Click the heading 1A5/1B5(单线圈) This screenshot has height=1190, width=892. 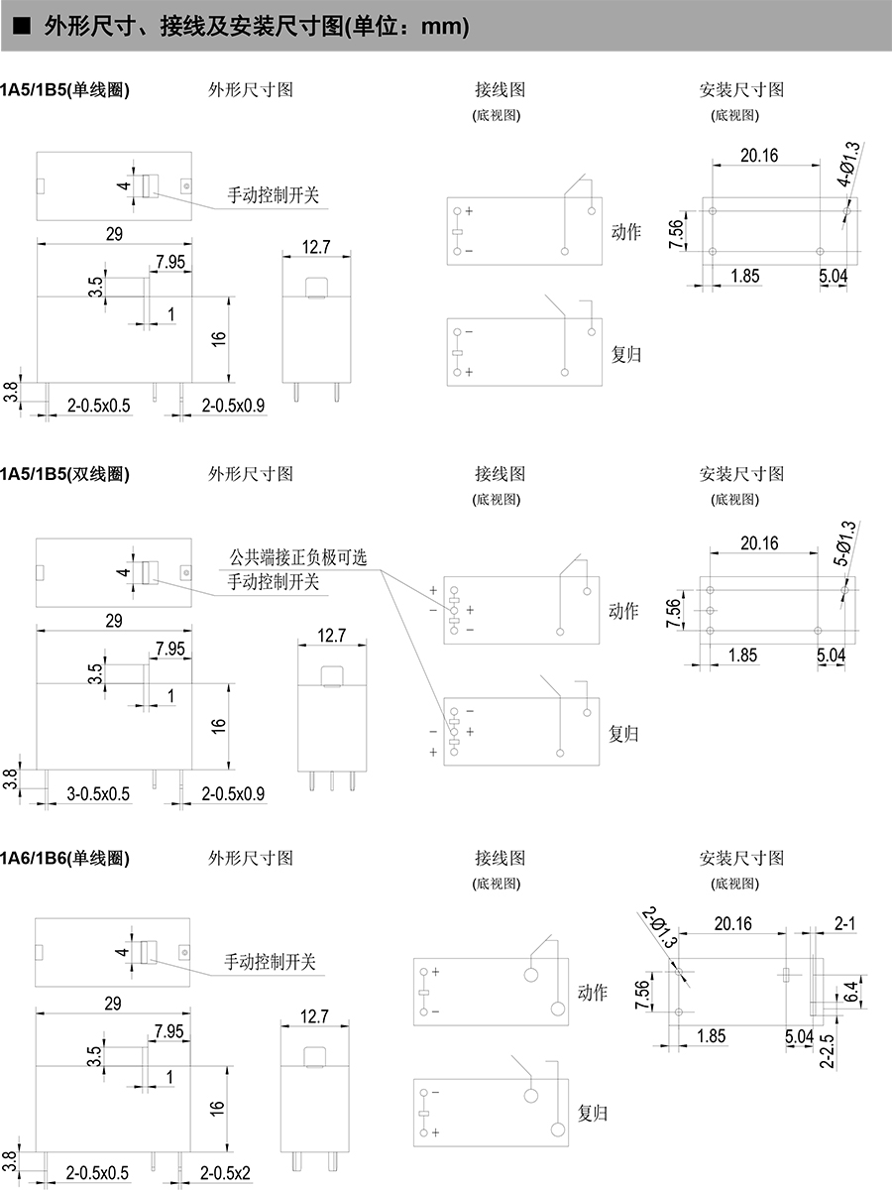pyautogui.click(x=65, y=89)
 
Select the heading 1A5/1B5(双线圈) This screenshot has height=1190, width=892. pyautogui.click(x=65, y=473)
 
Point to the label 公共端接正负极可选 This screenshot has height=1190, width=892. pyautogui.click(x=297, y=557)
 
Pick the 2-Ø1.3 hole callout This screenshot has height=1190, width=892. pyautogui.click(x=661, y=928)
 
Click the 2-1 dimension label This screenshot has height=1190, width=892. pyautogui.click(x=844, y=923)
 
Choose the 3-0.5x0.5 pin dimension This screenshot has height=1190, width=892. pyautogui.click(x=98, y=793)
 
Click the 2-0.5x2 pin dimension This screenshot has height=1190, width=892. pyautogui.click(x=225, y=1174)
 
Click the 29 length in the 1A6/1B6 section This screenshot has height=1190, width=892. pyautogui.click(x=113, y=1004)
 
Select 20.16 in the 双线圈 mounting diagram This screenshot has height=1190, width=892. pyautogui.click(x=758, y=542)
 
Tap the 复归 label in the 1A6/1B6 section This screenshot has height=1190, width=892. pyautogui.click(x=593, y=1113)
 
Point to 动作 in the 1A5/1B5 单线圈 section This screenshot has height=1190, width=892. pyautogui.click(x=625, y=232)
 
